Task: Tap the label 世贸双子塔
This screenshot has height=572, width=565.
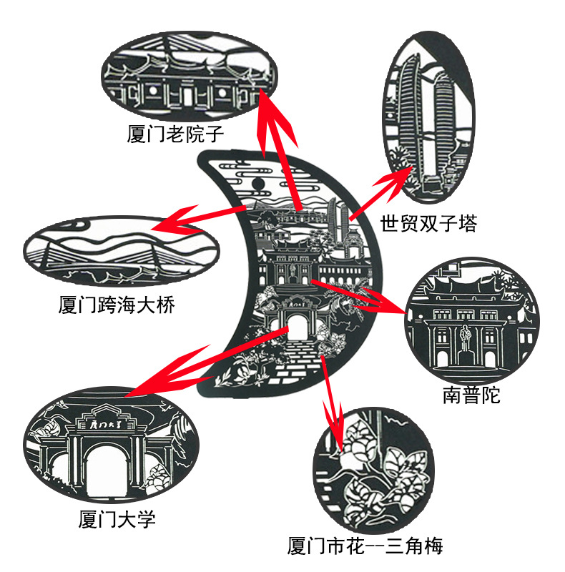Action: pyautogui.click(x=428, y=223)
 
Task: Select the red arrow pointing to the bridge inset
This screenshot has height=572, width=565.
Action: pyautogui.click(x=193, y=219)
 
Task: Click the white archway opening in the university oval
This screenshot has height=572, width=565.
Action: pyautogui.click(x=107, y=468)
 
